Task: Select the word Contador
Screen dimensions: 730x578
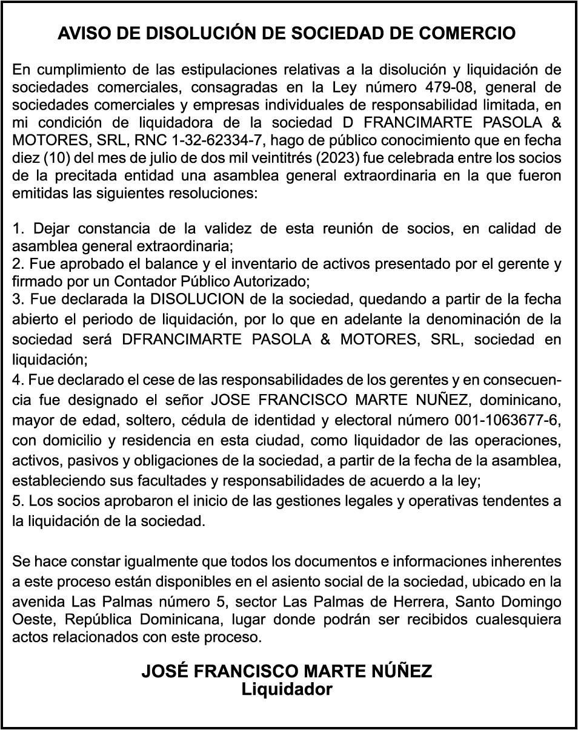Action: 142,281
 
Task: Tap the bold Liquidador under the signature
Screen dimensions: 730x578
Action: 287,689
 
